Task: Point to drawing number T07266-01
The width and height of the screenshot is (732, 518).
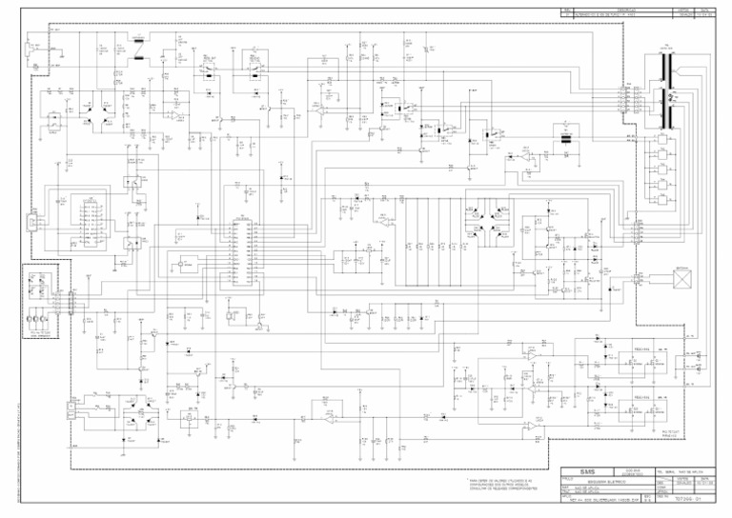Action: click(688, 498)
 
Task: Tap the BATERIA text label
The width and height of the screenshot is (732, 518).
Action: click(682, 269)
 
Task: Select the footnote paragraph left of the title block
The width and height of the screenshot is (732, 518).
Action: click(505, 486)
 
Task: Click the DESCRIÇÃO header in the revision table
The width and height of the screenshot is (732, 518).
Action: click(624, 10)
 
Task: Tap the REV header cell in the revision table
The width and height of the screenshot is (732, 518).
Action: click(568, 10)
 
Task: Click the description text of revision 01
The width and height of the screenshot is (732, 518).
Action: click(610, 16)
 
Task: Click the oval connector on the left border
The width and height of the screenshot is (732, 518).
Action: click(33, 222)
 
